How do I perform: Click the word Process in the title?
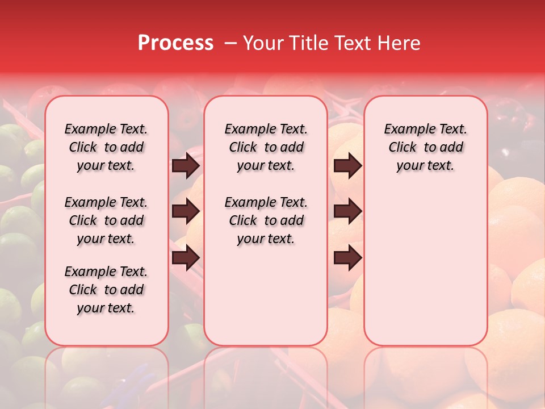(x=175, y=43)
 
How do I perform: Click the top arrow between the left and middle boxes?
(x=186, y=166)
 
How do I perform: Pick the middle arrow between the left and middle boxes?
(x=186, y=212)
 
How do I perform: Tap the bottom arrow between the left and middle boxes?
(x=186, y=258)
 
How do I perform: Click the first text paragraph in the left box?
(x=106, y=147)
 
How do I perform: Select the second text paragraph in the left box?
(x=106, y=220)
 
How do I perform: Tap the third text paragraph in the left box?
(x=106, y=290)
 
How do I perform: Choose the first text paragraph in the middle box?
(x=266, y=147)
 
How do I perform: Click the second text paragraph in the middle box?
(x=266, y=220)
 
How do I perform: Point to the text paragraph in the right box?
(x=426, y=147)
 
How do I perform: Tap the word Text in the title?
(x=351, y=43)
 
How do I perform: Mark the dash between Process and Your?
(x=230, y=43)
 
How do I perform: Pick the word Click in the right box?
(x=403, y=148)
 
